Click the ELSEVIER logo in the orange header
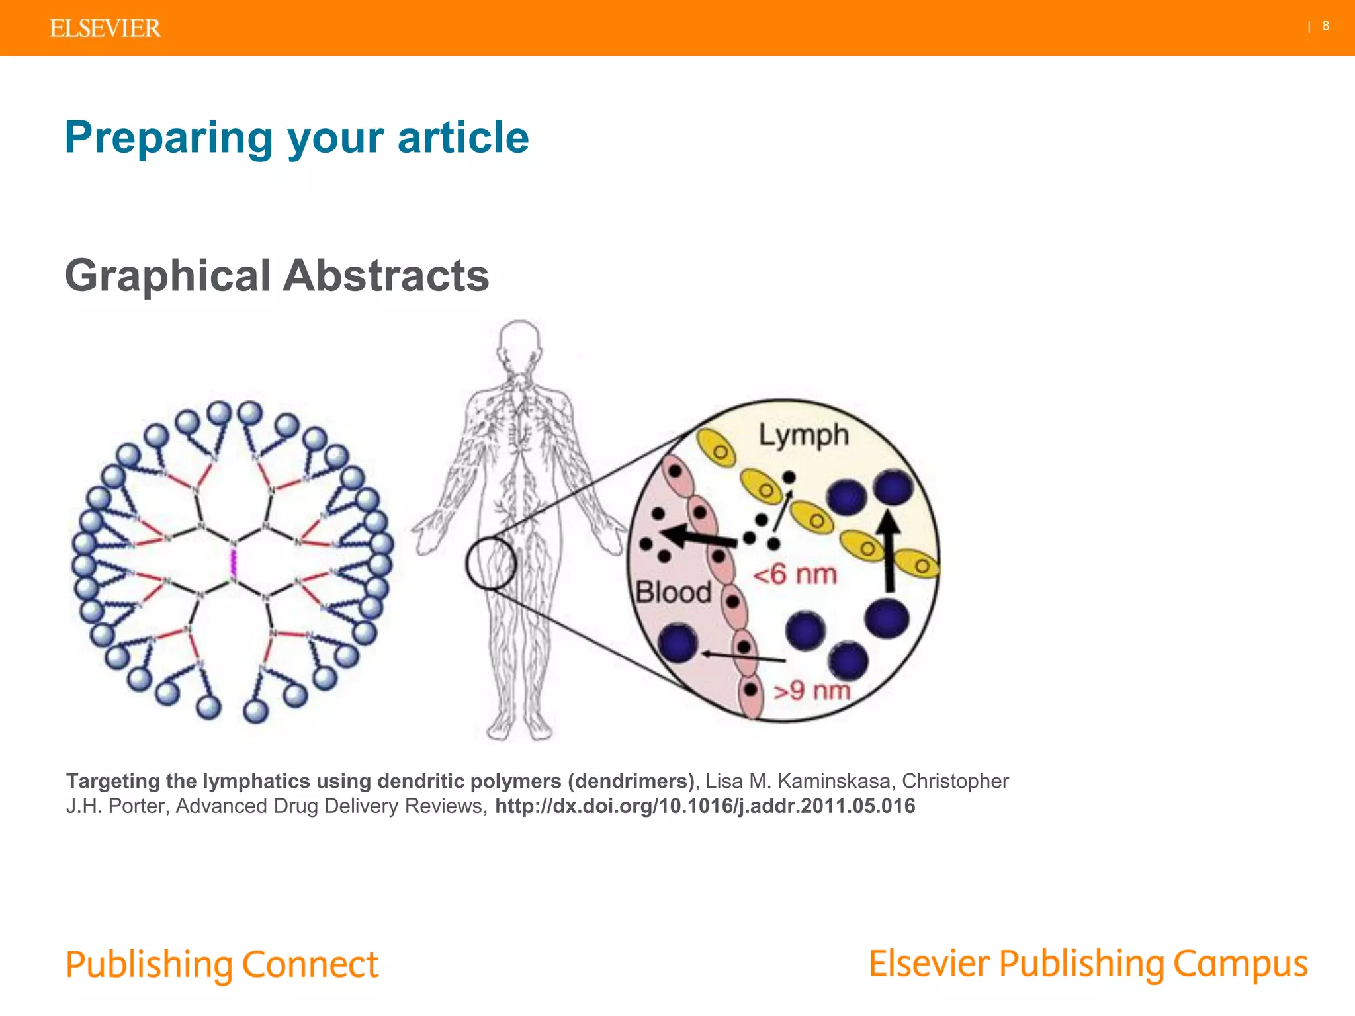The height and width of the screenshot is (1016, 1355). [105, 28]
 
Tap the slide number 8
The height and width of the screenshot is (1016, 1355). [1325, 26]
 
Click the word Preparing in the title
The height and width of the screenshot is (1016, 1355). [169, 138]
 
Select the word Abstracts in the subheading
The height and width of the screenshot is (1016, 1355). [386, 275]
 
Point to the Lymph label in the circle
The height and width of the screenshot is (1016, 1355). [803, 436]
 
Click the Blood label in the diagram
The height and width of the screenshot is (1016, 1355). [673, 592]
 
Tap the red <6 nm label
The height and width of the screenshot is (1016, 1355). [795, 574]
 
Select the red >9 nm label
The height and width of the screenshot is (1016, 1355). [812, 691]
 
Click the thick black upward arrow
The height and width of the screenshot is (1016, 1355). [890, 552]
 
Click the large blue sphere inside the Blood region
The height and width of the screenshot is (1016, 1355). [678, 642]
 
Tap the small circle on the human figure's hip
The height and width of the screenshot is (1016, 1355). [490, 563]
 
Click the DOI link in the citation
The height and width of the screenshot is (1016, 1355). [705, 806]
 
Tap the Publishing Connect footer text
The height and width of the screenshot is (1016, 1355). [222, 964]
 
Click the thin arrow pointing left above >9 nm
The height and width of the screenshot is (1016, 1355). [744, 657]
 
